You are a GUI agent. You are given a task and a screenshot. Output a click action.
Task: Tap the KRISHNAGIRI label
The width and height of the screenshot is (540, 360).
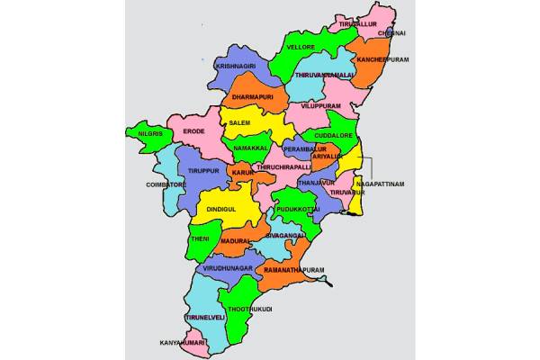pos(237,66)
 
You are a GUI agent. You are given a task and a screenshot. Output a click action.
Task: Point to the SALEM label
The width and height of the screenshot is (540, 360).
pos(239,121)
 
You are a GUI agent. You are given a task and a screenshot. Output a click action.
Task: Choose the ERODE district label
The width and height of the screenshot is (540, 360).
pos(193,131)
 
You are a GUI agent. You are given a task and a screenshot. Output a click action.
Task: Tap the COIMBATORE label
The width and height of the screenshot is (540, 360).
pos(165,184)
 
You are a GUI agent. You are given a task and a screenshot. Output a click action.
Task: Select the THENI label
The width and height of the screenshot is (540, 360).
pos(200,238)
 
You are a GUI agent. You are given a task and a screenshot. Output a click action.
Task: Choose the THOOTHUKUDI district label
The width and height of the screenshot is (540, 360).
pos(250,309)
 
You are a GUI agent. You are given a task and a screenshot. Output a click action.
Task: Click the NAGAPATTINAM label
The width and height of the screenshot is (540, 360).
pos(380,184)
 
